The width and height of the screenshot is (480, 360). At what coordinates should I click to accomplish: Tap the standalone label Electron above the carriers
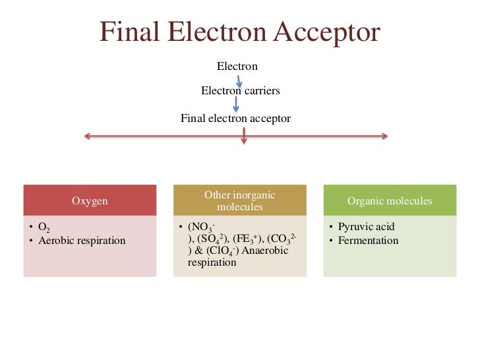click(237, 66)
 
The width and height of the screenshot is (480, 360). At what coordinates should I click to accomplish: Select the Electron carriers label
click(240, 90)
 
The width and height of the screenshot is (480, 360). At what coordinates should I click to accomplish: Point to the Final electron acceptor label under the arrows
click(235, 119)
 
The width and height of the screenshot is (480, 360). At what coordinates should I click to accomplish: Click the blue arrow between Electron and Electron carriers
click(239, 79)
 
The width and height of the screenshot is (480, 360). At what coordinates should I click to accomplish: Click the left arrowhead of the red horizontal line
click(86, 136)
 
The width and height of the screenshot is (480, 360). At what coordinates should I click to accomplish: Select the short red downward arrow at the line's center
click(245, 137)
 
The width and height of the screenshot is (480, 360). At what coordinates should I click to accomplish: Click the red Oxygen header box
click(90, 200)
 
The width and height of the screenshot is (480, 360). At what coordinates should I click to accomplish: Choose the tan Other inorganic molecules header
click(240, 200)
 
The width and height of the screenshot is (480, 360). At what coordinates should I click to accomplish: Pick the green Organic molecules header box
click(390, 200)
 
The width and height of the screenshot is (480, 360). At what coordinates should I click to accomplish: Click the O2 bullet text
click(44, 227)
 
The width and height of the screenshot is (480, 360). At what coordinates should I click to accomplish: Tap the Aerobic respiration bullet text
click(82, 241)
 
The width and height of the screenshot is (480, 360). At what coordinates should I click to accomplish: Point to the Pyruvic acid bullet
click(366, 227)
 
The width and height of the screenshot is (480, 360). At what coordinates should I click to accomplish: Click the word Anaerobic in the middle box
click(267, 251)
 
